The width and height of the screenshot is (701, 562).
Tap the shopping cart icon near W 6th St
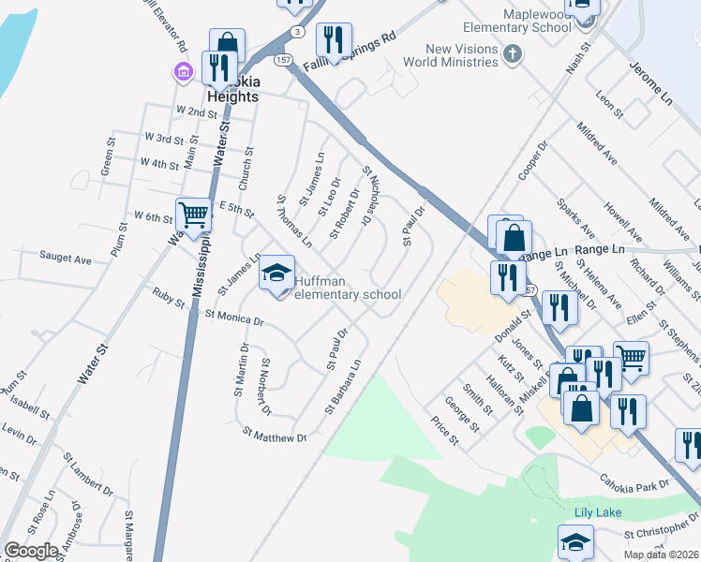(x=193, y=214)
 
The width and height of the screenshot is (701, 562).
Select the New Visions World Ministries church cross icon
(x=512, y=54)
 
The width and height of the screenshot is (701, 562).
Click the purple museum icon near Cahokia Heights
(x=183, y=72)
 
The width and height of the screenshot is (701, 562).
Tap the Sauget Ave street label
(x=65, y=256)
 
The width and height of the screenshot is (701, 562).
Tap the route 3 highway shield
(x=296, y=31)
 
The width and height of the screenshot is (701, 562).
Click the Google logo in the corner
(x=31, y=551)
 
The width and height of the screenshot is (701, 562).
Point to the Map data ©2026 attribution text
(x=659, y=554)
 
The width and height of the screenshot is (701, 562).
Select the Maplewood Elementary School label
(x=536, y=21)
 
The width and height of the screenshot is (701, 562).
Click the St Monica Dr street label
(x=234, y=318)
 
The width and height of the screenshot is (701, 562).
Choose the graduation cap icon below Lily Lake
(x=575, y=541)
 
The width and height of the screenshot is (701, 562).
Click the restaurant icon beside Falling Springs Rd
(x=334, y=39)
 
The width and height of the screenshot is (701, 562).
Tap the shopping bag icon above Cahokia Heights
(x=227, y=44)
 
